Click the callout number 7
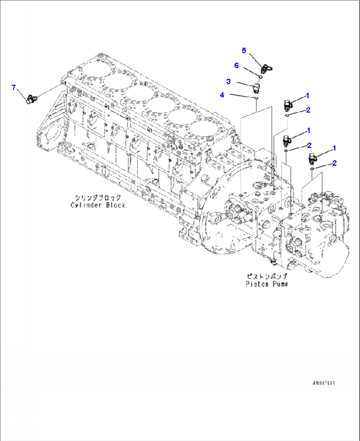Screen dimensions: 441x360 tap(14, 87)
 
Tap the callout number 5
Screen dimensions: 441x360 tap(244, 50)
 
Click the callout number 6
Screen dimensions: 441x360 tap(236, 65)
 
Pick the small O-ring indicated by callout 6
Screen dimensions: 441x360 tap(260, 77)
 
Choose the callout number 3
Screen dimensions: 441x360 tap(228, 81)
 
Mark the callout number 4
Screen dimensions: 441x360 tap(222, 95)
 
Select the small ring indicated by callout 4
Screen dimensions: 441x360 tap(256, 98)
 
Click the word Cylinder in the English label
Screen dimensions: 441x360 tap(86, 205)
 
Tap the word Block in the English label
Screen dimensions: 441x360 tap(116, 205)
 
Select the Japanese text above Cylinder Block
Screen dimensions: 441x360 tap(98, 198)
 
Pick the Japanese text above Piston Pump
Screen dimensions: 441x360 tap(267, 276)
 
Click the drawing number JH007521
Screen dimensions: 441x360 tap(324, 383)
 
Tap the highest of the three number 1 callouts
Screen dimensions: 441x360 tap(307, 96)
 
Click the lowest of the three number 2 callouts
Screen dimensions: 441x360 tap(334, 163)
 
